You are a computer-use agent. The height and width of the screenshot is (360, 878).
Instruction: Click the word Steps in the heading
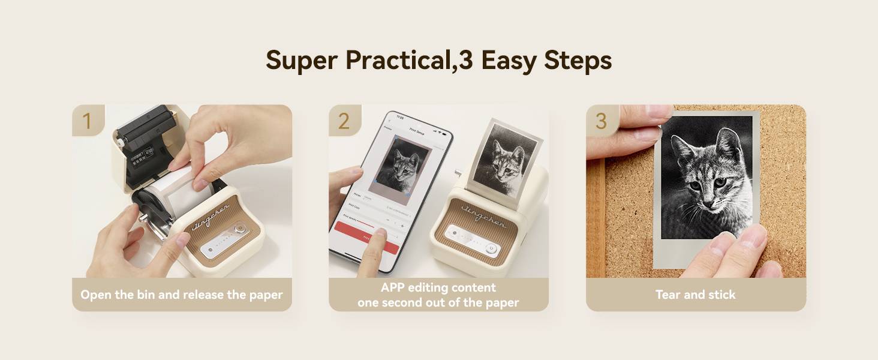tap(578, 61)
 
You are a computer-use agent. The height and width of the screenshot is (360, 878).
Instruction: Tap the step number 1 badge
tap(88, 120)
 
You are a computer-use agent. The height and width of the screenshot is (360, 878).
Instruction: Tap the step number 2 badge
tap(344, 120)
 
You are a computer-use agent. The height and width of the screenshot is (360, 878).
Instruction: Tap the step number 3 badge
tap(601, 120)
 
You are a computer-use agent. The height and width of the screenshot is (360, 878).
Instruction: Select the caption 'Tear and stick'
tap(695, 295)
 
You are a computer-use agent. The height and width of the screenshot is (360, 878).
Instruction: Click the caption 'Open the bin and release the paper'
tap(182, 295)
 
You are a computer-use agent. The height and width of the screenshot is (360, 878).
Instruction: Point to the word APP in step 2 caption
tap(395, 287)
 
